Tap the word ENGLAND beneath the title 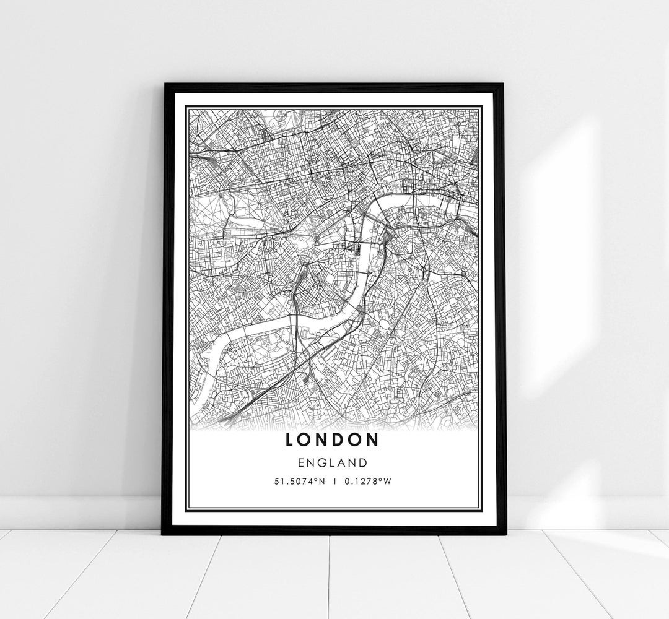click(332, 462)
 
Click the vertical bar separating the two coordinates click(334, 483)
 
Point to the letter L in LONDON click(291, 439)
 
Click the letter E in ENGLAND click(300, 462)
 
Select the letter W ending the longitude click(387, 483)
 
